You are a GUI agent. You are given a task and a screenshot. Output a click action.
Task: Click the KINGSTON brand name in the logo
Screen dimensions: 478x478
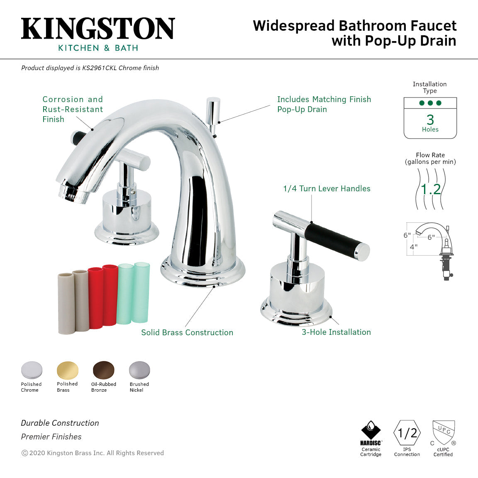click(x=98, y=29)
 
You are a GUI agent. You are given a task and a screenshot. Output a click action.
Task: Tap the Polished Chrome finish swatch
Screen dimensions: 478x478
click(x=32, y=370)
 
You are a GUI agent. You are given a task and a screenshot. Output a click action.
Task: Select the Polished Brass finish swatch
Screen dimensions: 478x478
click(x=67, y=370)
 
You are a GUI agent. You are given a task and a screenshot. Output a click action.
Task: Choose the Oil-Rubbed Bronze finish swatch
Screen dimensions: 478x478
click(x=103, y=370)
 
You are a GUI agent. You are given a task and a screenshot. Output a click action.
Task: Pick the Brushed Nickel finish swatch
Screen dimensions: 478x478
click(x=139, y=370)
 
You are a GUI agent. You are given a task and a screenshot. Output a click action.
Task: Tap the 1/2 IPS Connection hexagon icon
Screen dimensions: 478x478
click(x=407, y=433)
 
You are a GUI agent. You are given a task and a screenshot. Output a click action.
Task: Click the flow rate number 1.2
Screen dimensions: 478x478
click(x=431, y=190)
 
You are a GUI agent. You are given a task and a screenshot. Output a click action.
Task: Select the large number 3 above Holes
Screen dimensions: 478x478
click(x=430, y=120)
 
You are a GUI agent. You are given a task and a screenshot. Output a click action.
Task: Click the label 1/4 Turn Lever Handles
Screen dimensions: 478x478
click(x=327, y=189)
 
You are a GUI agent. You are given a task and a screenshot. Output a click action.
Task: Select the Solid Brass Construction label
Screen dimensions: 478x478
click(x=187, y=332)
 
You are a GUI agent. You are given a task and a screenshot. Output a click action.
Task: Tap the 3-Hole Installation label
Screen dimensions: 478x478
click(x=336, y=332)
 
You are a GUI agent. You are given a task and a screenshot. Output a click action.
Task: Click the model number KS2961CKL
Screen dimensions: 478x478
click(x=99, y=68)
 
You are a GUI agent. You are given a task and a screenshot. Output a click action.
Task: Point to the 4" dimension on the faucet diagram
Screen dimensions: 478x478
click(x=414, y=246)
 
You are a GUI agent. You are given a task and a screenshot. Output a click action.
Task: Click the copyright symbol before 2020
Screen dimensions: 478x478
click(x=24, y=453)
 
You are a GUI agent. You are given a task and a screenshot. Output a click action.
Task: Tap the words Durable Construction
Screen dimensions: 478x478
click(x=60, y=423)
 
